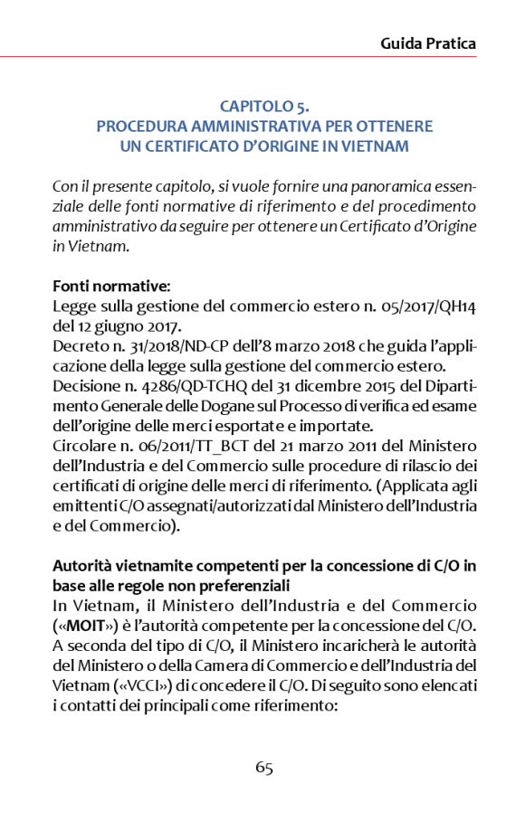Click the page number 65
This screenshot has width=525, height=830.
(263, 768)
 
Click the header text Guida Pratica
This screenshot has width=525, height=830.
(428, 42)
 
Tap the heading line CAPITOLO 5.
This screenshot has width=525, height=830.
(263, 107)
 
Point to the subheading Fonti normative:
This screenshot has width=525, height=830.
(105, 286)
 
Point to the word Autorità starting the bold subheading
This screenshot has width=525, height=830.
(81, 565)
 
